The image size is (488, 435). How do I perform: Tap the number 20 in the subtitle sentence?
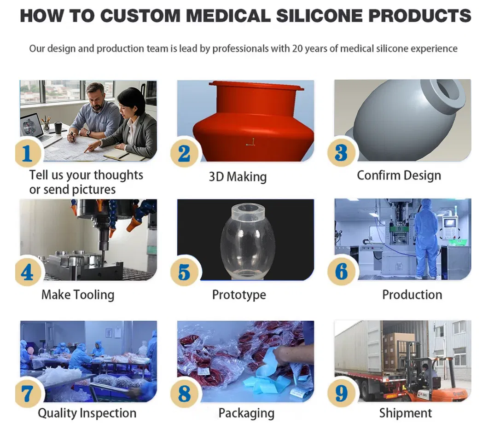pos(298,48)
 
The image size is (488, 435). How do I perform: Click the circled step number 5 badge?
pos(184,273)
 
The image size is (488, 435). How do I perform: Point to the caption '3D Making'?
pos(238,177)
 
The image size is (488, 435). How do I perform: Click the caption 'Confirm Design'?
pos(399,175)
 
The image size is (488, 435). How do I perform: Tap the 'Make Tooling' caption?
pos(78,295)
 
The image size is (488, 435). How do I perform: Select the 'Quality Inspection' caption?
pos(87,413)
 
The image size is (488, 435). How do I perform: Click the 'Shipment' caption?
pos(406,413)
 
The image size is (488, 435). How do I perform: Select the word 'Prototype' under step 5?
pos(239,295)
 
